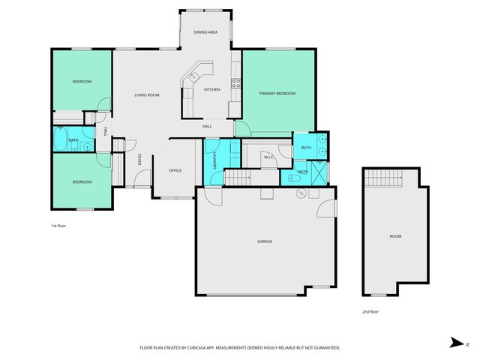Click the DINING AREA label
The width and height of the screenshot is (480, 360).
coord(205,33)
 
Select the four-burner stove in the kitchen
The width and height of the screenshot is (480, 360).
coord(235,82)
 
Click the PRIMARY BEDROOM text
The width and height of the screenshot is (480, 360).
coord(277,94)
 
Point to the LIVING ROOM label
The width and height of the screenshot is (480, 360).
coord(146,95)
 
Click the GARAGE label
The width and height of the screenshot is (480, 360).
coord(265,241)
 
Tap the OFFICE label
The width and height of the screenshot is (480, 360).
coord(175,170)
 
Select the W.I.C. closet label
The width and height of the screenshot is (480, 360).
coord(268,157)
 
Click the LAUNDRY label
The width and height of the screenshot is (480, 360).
coord(214,160)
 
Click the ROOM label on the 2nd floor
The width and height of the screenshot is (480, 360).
coord(394,236)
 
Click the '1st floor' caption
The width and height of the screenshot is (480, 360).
coord(59,225)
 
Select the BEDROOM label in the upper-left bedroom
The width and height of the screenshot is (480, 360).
coord(82,81)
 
